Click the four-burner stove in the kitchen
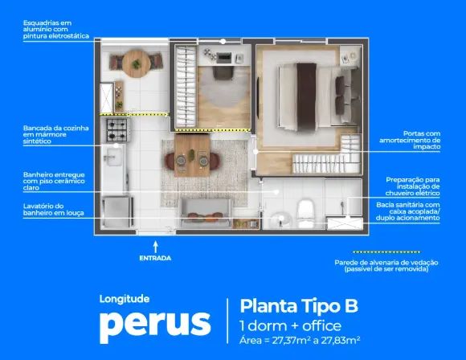click(x=117, y=130)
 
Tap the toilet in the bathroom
click(x=306, y=214)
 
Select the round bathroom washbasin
click(x=280, y=220)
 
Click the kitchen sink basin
click(x=113, y=157)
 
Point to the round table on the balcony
click(x=136, y=63)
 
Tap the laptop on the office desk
click(x=224, y=57)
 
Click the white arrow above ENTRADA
click(x=155, y=247)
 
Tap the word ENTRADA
click(x=155, y=258)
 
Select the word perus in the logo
click(x=155, y=326)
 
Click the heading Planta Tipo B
click(x=299, y=305)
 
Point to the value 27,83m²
click(x=341, y=340)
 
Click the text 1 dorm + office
click(x=290, y=325)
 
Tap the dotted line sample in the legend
click(x=386, y=252)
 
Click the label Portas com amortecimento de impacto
click(x=410, y=140)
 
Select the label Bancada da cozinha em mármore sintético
click(x=56, y=135)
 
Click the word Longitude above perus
click(x=125, y=299)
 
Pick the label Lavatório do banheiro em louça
click(x=54, y=209)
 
